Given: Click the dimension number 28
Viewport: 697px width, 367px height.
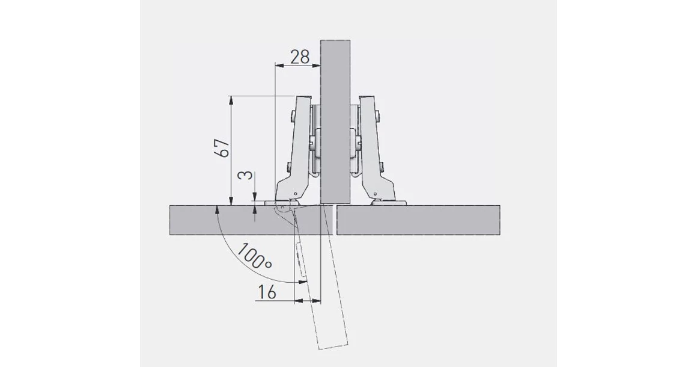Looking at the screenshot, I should click(299, 57).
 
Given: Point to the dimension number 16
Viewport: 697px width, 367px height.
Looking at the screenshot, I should click(266, 292).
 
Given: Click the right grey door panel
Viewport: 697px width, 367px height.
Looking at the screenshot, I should click(421, 220).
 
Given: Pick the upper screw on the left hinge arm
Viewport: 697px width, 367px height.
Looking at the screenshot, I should click(291, 116).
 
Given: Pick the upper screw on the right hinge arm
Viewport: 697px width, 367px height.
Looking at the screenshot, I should click(378, 116).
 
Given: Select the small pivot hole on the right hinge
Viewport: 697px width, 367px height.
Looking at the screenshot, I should click(375, 193).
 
